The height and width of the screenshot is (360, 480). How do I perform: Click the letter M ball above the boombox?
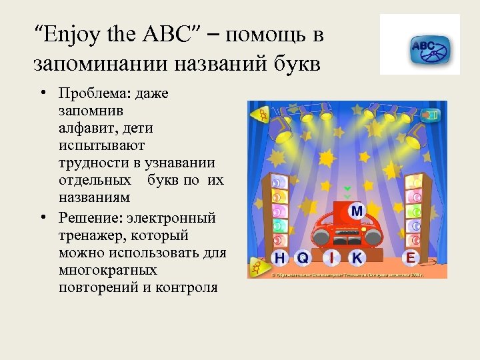[x=357, y=211]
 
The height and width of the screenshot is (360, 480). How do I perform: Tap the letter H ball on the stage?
[x=281, y=257]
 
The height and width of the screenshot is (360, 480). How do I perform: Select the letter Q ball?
[x=303, y=257]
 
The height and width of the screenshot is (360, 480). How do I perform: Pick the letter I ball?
[x=331, y=257]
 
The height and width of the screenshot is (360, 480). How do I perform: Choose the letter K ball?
[x=357, y=257]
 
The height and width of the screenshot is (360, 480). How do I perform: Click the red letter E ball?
[x=411, y=257]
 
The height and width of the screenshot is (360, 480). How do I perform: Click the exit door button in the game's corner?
[x=433, y=115]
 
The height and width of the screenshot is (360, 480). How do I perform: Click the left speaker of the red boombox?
[x=322, y=237]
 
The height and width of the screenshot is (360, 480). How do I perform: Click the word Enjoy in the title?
[x=67, y=34]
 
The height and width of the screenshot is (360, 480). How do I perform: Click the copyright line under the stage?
[x=347, y=273]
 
